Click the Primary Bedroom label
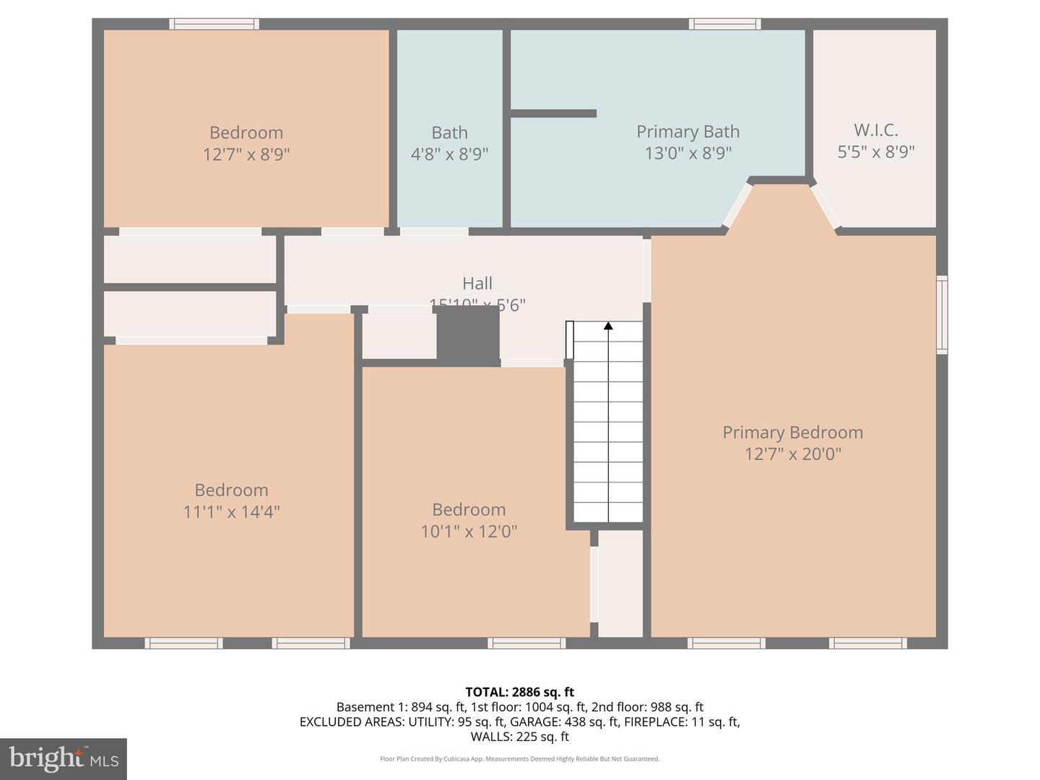point(792,433)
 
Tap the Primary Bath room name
point(688,131)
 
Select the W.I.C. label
point(875,130)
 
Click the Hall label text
point(477,283)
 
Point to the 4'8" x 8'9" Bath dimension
point(449,154)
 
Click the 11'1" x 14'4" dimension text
point(231,512)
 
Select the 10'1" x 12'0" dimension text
point(469,532)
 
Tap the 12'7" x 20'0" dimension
point(793,454)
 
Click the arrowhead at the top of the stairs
point(608,326)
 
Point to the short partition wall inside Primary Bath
point(553,113)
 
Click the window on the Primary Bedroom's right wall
point(942,315)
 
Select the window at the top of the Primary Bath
point(724,24)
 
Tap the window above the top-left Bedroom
point(214,24)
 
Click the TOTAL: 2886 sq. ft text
point(519,692)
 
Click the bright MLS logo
point(64,758)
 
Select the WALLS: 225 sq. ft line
point(519,737)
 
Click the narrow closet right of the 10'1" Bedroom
point(620,584)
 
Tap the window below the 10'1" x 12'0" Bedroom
point(526,643)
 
